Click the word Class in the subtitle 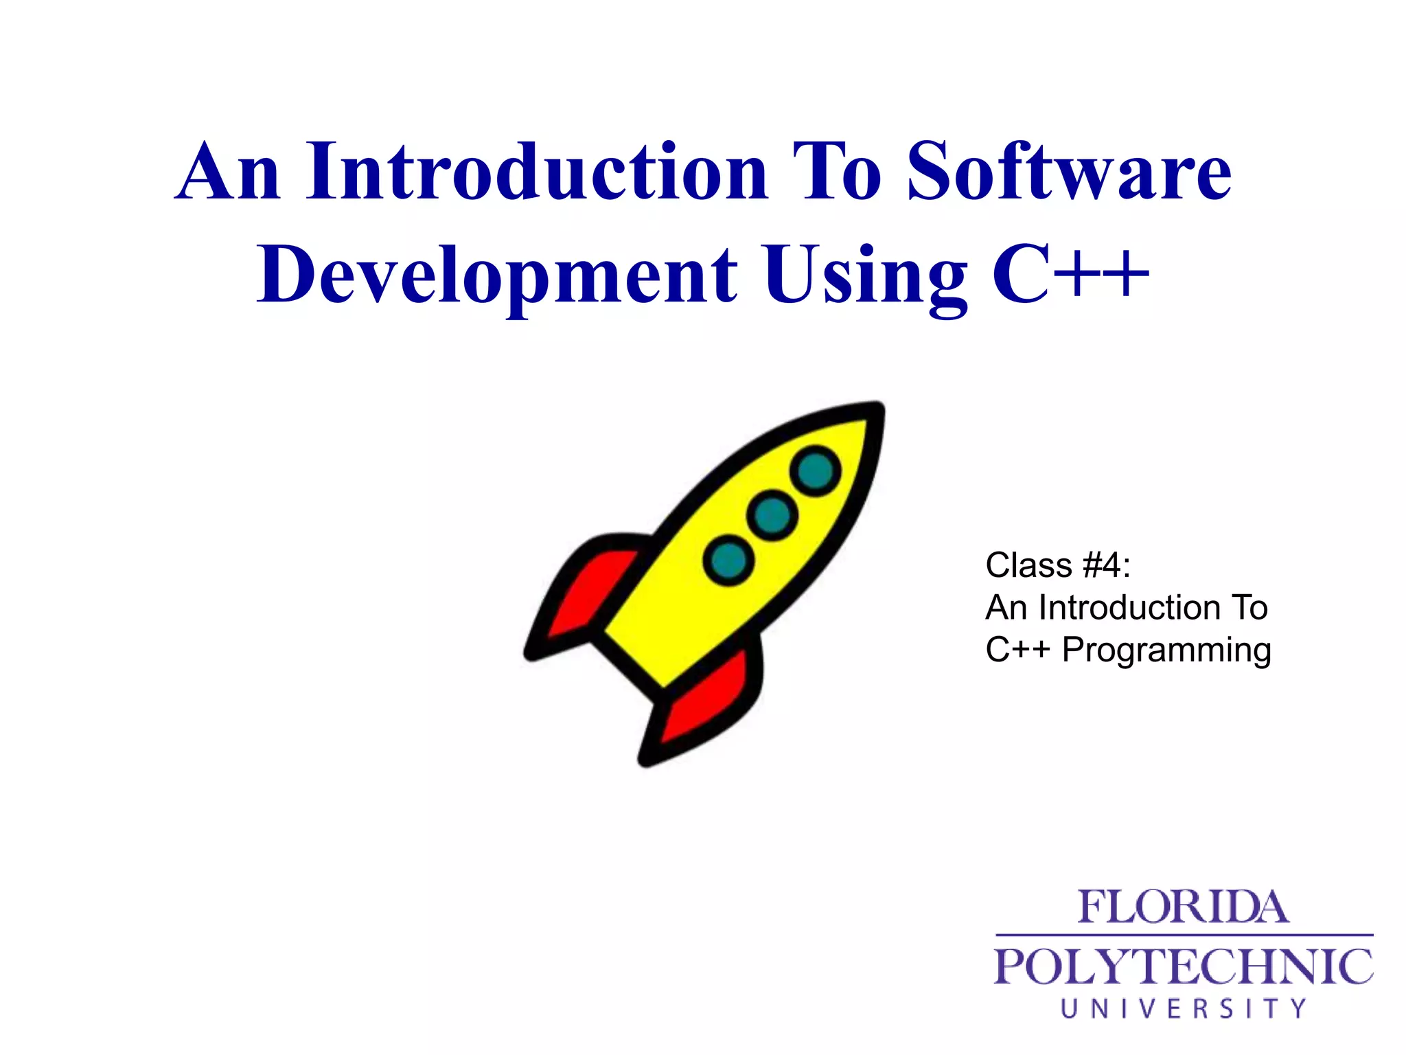coord(1028,566)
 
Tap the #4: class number coord(1107,566)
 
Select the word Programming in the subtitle coord(1166,650)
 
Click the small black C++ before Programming coord(1017,650)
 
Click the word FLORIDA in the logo coord(1183,907)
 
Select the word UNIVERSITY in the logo coord(1183,1008)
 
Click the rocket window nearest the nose coord(816,470)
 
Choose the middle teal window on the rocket coord(772,514)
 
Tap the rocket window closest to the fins coord(728,560)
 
